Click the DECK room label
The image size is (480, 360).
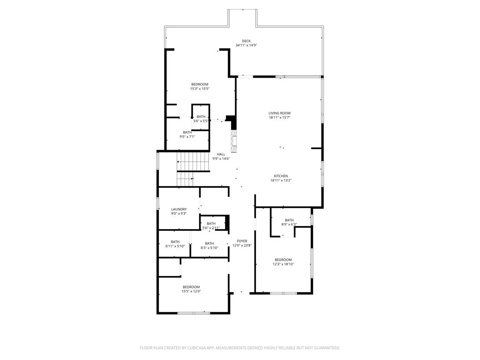[246, 41]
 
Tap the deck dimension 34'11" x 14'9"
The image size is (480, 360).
[246, 46]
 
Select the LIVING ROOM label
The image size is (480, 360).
[279, 113]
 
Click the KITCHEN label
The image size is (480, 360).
[281, 176]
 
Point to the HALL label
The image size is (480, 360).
[221, 154]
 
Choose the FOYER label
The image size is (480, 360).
[242, 241]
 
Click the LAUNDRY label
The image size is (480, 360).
[179, 209]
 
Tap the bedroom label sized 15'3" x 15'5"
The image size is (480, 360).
[200, 84]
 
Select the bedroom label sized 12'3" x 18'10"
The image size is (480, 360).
[283, 260]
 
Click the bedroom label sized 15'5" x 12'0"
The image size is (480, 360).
[191, 287]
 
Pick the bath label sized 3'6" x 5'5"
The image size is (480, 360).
[201, 116]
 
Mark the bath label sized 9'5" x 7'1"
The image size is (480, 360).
[187, 132]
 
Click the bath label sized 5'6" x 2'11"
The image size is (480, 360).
[211, 224]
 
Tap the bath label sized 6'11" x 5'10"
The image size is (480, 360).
[175, 242]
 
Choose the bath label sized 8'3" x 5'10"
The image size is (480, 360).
[209, 243]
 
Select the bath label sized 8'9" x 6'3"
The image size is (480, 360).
[289, 220]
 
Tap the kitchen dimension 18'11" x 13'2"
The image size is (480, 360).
[281, 180]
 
